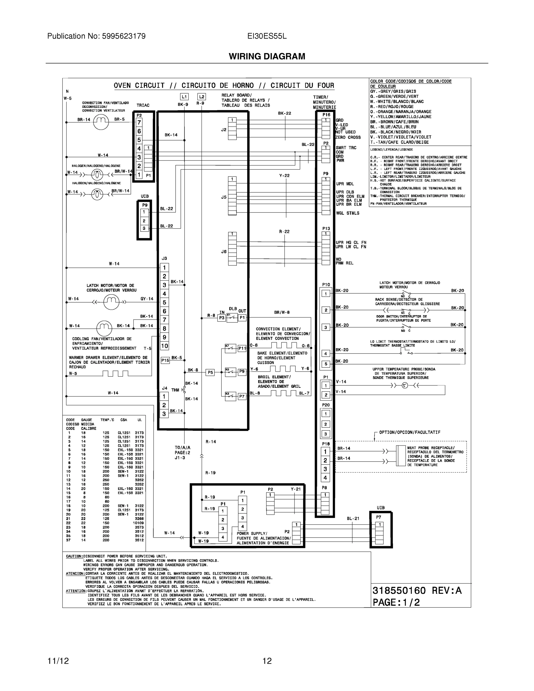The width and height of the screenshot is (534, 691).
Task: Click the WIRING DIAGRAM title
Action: coord(267,56)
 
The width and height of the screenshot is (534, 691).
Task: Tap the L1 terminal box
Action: coord(184,96)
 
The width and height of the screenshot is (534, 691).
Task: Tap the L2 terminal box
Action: coord(202,96)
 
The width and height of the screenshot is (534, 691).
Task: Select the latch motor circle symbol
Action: coord(111,302)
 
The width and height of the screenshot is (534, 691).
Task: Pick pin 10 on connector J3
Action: coord(164,346)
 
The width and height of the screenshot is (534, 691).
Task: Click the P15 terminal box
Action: coord(165,360)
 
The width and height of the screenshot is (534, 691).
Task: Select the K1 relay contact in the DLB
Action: coord(232,317)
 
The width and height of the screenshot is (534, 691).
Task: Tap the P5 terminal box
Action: coord(210,372)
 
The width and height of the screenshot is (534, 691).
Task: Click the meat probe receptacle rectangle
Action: coord(401,456)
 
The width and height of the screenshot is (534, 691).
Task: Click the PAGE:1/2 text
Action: coord(396,602)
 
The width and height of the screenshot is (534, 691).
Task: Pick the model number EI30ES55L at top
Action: coord(267,36)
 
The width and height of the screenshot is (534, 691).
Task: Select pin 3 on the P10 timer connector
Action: coord(326,327)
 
